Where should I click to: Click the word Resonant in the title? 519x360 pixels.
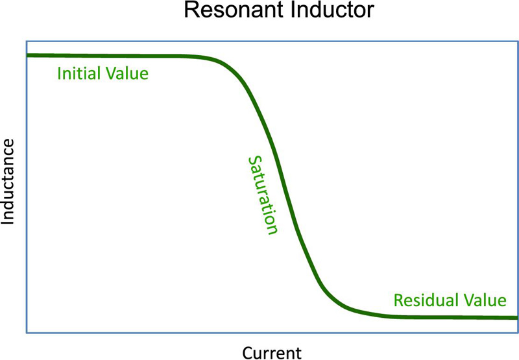(x=234, y=10)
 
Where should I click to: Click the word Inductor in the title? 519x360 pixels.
(x=332, y=10)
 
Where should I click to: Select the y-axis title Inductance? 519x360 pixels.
(x=8, y=182)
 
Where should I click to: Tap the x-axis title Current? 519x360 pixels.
(x=272, y=353)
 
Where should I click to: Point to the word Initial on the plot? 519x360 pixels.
(x=78, y=73)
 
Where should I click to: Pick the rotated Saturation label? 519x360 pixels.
(x=263, y=195)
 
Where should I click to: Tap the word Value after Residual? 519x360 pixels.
(x=485, y=300)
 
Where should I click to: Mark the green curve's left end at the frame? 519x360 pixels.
(x=27, y=55)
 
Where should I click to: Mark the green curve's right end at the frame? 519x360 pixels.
(x=517, y=318)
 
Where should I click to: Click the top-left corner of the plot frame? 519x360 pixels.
(x=27, y=42)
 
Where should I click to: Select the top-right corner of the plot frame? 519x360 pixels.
(x=518, y=42)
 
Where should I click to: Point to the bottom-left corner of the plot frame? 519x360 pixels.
(x=27, y=333)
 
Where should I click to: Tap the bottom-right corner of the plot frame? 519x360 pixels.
(x=518, y=333)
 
